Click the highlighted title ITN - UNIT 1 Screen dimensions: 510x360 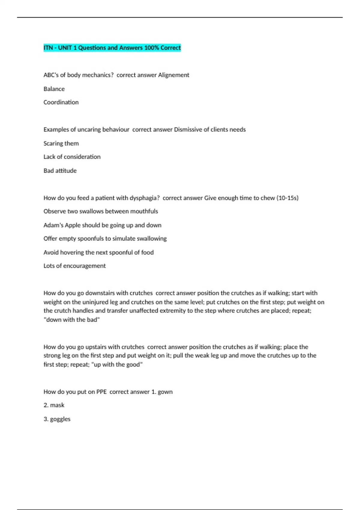click(112, 48)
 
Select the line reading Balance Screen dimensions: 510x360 click(54, 89)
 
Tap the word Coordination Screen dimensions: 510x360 click(61, 102)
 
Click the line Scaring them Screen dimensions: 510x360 click(61, 143)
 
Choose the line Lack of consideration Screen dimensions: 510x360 click(72, 157)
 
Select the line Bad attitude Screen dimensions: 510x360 click(60, 171)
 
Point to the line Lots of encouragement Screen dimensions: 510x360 click(74, 266)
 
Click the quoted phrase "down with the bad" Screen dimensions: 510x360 click(71, 320)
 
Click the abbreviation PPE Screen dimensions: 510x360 click(101, 392)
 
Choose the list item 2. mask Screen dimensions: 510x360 click(54, 405)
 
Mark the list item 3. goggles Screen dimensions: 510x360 click(57, 419)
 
